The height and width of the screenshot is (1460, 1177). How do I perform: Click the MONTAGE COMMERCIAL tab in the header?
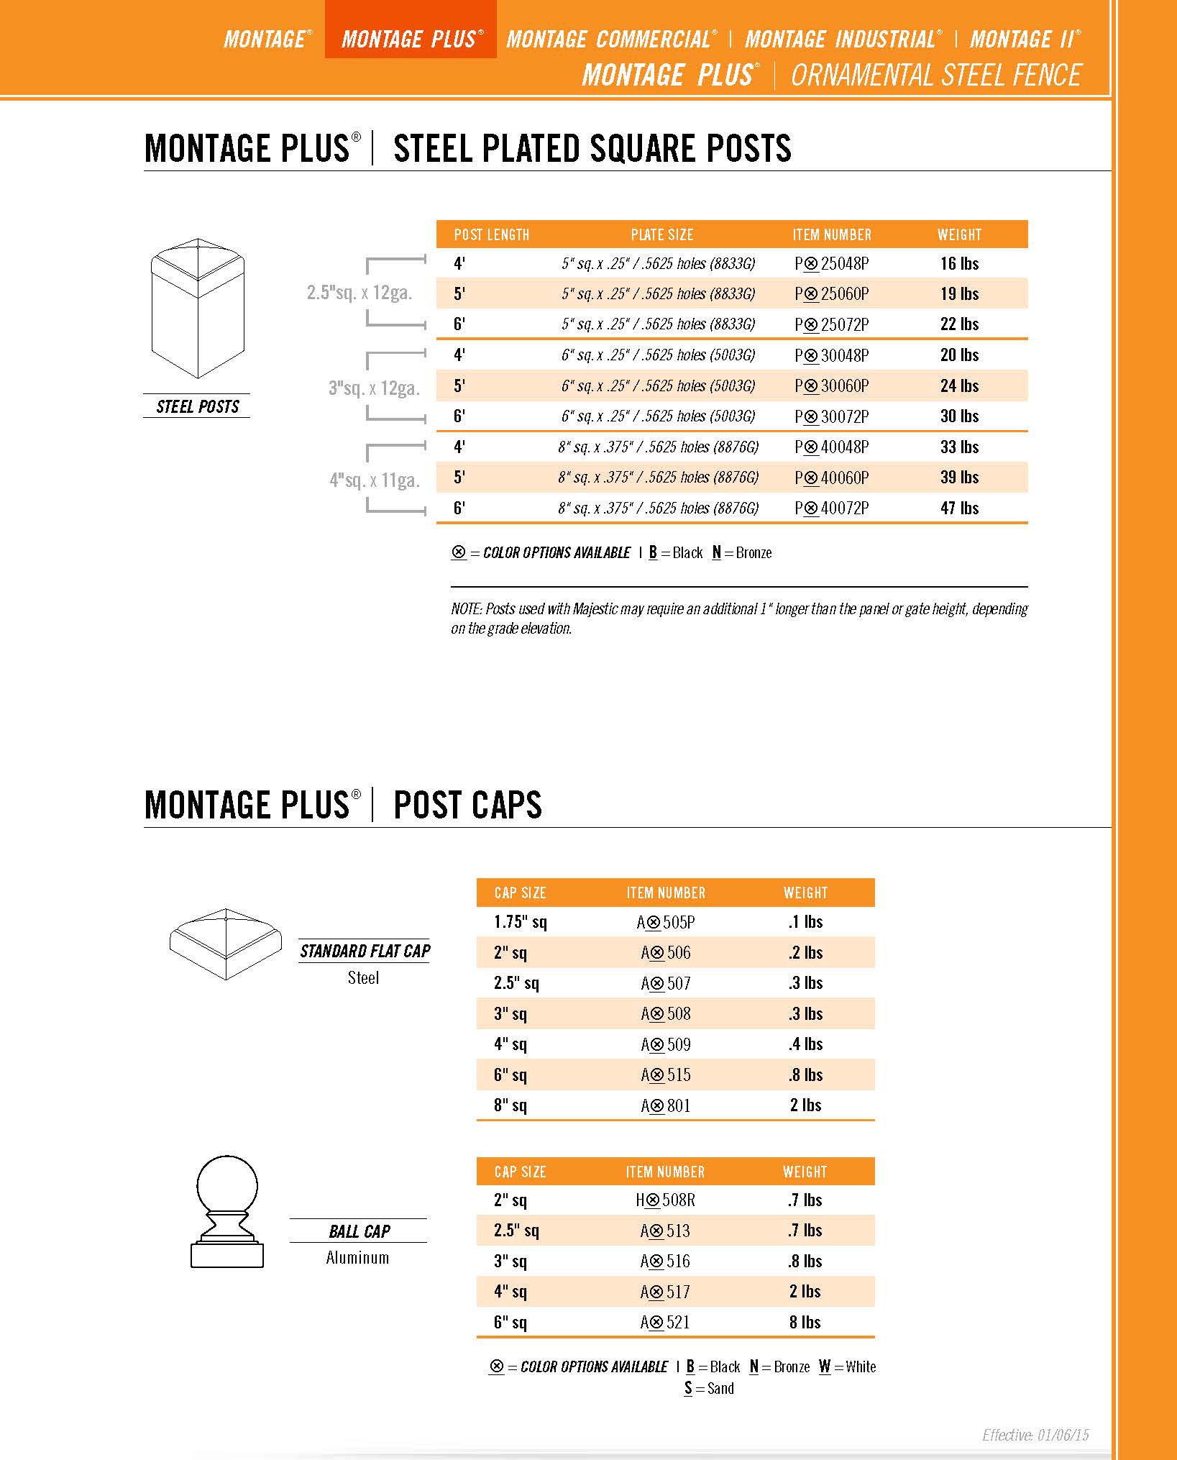[x=611, y=39]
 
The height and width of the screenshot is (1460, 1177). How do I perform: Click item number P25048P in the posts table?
[x=832, y=264]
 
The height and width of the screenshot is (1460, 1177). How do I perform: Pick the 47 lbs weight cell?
[x=959, y=508]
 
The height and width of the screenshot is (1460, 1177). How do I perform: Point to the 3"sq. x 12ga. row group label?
[x=374, y=388]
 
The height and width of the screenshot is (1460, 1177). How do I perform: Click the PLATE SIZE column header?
[x=661, y=235]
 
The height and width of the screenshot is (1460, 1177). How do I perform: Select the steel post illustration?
[x=198, y=309]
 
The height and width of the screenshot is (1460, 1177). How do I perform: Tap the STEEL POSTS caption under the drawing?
[x=198, y=407]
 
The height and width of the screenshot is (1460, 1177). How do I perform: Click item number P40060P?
[x=832, y=478]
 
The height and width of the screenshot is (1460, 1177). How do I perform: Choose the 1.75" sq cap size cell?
[x=520, y=922]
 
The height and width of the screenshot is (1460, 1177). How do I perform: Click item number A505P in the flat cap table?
[x=666, y=922]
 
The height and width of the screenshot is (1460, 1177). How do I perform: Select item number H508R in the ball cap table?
[x=666, y=1200]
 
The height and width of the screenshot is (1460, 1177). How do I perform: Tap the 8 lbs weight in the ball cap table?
[x=805, y=1323]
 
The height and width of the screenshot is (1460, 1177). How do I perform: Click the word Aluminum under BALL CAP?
[x=357, y=1258]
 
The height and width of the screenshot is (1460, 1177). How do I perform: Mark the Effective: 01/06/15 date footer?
[x=1035, y=1436]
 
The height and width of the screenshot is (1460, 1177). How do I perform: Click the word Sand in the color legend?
[x=720, y=1389]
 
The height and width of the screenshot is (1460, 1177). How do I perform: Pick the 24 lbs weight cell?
[x=959, y=386]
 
